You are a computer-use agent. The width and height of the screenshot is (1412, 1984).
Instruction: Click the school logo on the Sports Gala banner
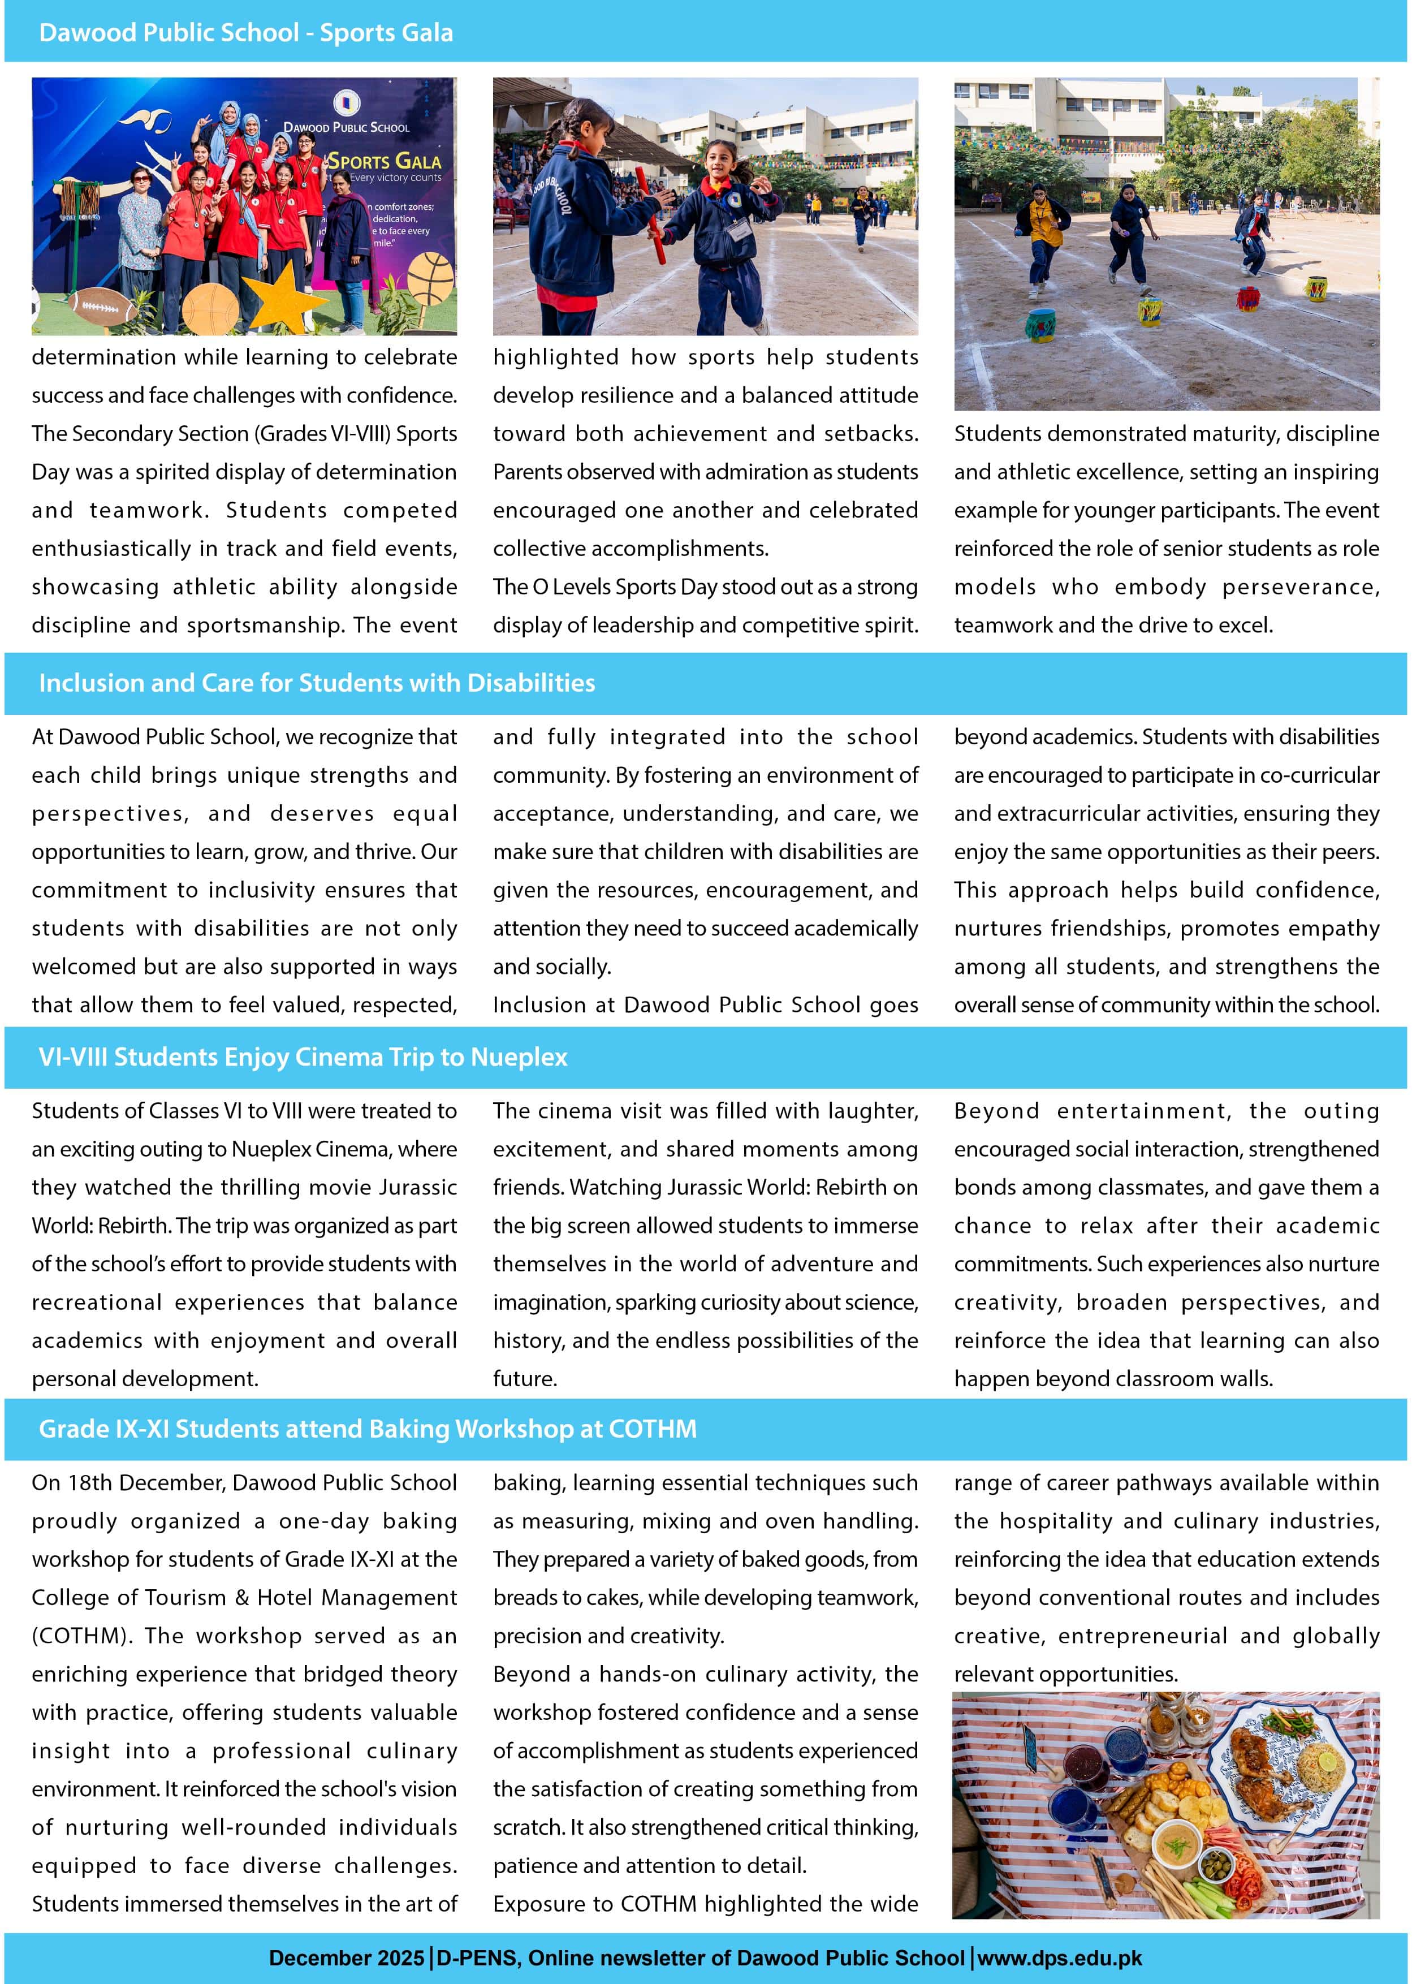click(x=346, y=102)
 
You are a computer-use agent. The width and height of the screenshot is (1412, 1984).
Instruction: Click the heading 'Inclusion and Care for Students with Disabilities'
click(x=317, y=683)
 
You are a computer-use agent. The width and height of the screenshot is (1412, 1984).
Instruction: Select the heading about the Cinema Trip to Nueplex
click(x=303, y=1057)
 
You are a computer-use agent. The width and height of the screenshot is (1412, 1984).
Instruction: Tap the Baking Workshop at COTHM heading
click(x=367, y=1429)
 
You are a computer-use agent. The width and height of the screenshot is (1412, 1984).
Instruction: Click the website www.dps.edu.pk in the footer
click(x=1059, y=1958)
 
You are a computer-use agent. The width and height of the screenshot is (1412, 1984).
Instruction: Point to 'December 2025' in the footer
click(x=346, y=1958)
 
